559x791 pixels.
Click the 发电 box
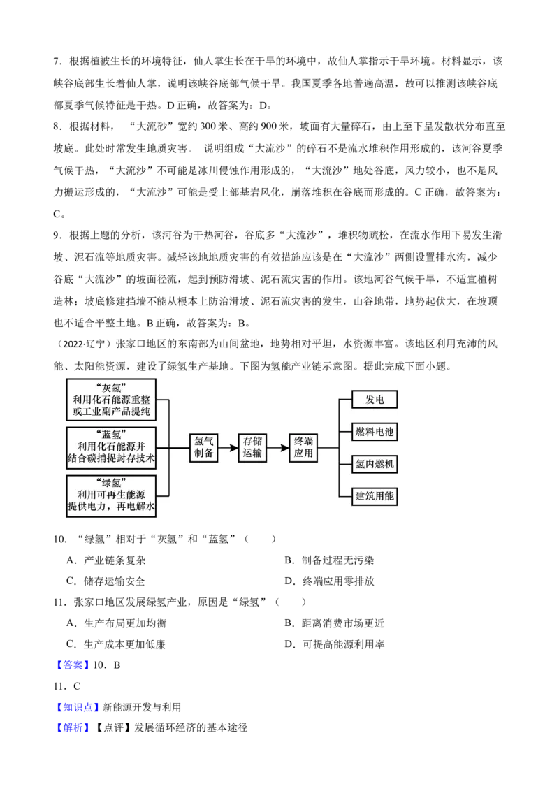pos(374,400)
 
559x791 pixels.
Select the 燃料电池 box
pos(374,432)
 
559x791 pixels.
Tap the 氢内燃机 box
pos(374,464)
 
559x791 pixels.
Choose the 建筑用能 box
pos(374,496)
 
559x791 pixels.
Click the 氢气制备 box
pos(203,447)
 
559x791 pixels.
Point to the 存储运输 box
pos(252,447)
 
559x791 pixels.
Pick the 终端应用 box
pos(304,447)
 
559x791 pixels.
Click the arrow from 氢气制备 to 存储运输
pos(228,448)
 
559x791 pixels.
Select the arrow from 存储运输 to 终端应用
pos(279,448)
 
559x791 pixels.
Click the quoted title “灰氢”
pos(111,388)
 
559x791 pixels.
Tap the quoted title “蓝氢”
pos(111,435)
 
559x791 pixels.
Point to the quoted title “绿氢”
pos(111,483)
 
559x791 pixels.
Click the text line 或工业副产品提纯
pos(111,412)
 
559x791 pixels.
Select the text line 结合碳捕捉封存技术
pos(111,459)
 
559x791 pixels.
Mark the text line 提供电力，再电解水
pos(111,507)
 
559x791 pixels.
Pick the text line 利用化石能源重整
pos(111,400)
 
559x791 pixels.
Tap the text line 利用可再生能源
pos(111,495)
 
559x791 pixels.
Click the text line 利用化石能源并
pos(111,447)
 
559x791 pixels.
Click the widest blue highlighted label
pos(78,707)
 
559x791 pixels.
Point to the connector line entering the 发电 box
pos(345,400)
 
